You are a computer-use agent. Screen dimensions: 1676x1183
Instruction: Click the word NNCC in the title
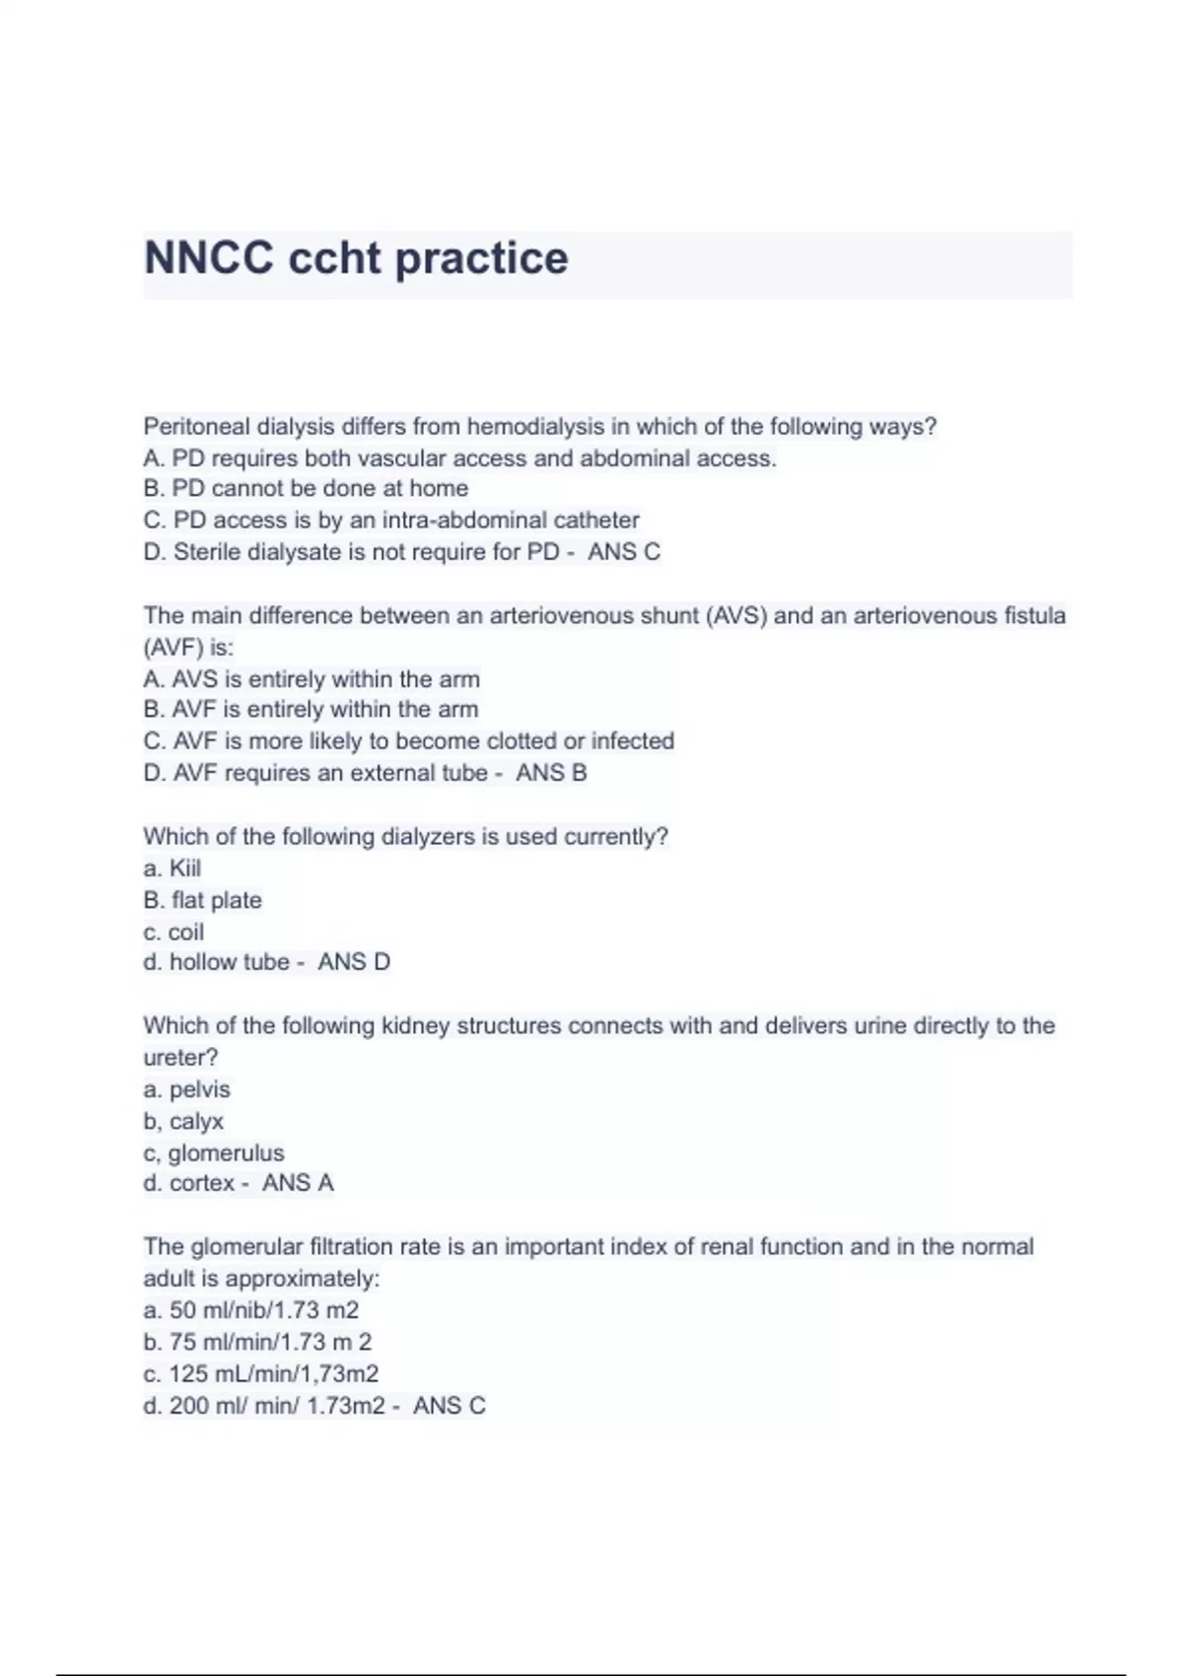208,258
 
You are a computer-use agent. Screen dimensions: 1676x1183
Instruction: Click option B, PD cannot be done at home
306,489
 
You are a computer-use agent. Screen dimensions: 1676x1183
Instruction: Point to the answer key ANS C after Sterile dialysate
624,552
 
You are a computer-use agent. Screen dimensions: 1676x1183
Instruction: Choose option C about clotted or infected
408,741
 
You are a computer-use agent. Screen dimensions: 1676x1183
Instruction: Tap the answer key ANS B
551,773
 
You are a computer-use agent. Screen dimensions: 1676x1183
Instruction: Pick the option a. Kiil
173,869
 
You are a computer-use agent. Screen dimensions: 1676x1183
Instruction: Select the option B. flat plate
202,900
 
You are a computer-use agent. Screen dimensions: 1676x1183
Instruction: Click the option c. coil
174,932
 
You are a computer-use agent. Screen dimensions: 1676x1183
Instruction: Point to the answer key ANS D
354,962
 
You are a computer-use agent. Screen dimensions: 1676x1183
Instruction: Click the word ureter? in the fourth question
180,1058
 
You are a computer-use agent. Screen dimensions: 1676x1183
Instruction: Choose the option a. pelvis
186,1089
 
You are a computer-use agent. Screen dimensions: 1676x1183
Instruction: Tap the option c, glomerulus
214,1152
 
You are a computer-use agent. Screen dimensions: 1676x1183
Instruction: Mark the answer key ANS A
298,1183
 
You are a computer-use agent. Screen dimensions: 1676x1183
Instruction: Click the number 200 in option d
188,1406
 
